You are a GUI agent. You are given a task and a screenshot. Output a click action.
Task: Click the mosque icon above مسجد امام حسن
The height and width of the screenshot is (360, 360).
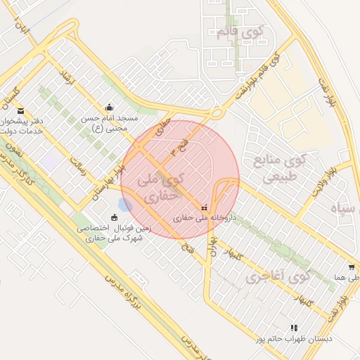[109, 108]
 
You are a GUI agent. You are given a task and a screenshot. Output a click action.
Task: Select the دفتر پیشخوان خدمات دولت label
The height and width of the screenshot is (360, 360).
[22, 127]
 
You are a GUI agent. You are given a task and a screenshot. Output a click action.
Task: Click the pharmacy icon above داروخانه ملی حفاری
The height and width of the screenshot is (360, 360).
[204, 207]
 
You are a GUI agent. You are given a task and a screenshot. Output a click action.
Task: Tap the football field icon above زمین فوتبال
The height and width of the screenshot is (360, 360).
[115, 216]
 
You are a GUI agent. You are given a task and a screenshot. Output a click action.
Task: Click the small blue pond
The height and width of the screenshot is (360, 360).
[125, 205]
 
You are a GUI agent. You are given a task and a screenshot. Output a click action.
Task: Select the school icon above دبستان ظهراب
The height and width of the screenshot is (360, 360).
[294, 328]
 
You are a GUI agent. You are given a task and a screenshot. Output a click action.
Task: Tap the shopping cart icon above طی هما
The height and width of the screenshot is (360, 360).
[351, 268]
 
